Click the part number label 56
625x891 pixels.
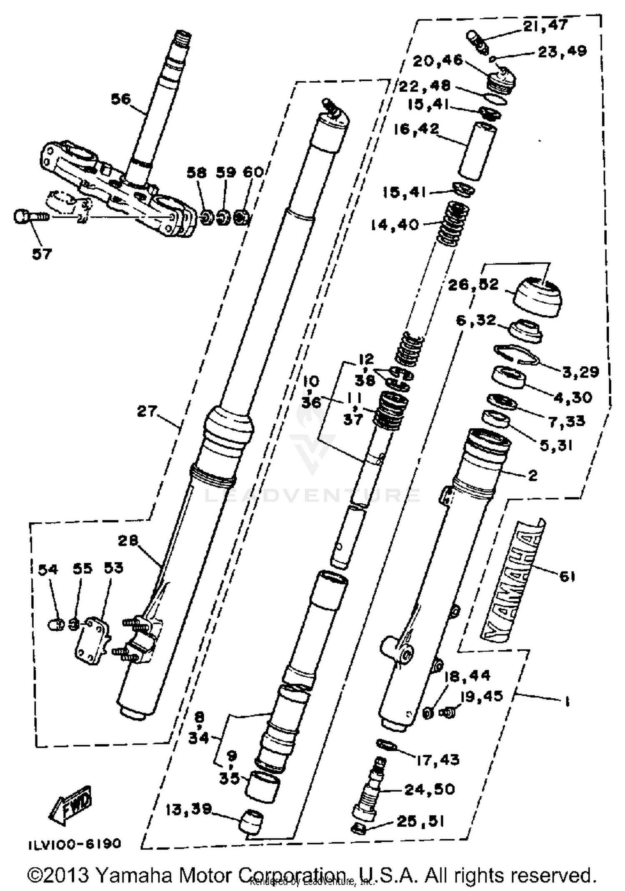click(121, 99)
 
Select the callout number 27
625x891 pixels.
click(147, 412)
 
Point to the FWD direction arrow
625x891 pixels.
click(70, 804)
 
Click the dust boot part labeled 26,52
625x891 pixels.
click(538, 297)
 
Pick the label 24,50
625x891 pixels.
click(429, 789)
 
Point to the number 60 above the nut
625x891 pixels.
click(253, 172)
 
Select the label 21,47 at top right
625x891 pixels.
click(545, 25)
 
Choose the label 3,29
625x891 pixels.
click(580, 372)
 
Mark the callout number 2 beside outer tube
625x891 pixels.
click(532, 475)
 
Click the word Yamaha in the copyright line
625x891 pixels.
click(133, 875)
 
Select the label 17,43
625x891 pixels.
click(437, 760)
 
